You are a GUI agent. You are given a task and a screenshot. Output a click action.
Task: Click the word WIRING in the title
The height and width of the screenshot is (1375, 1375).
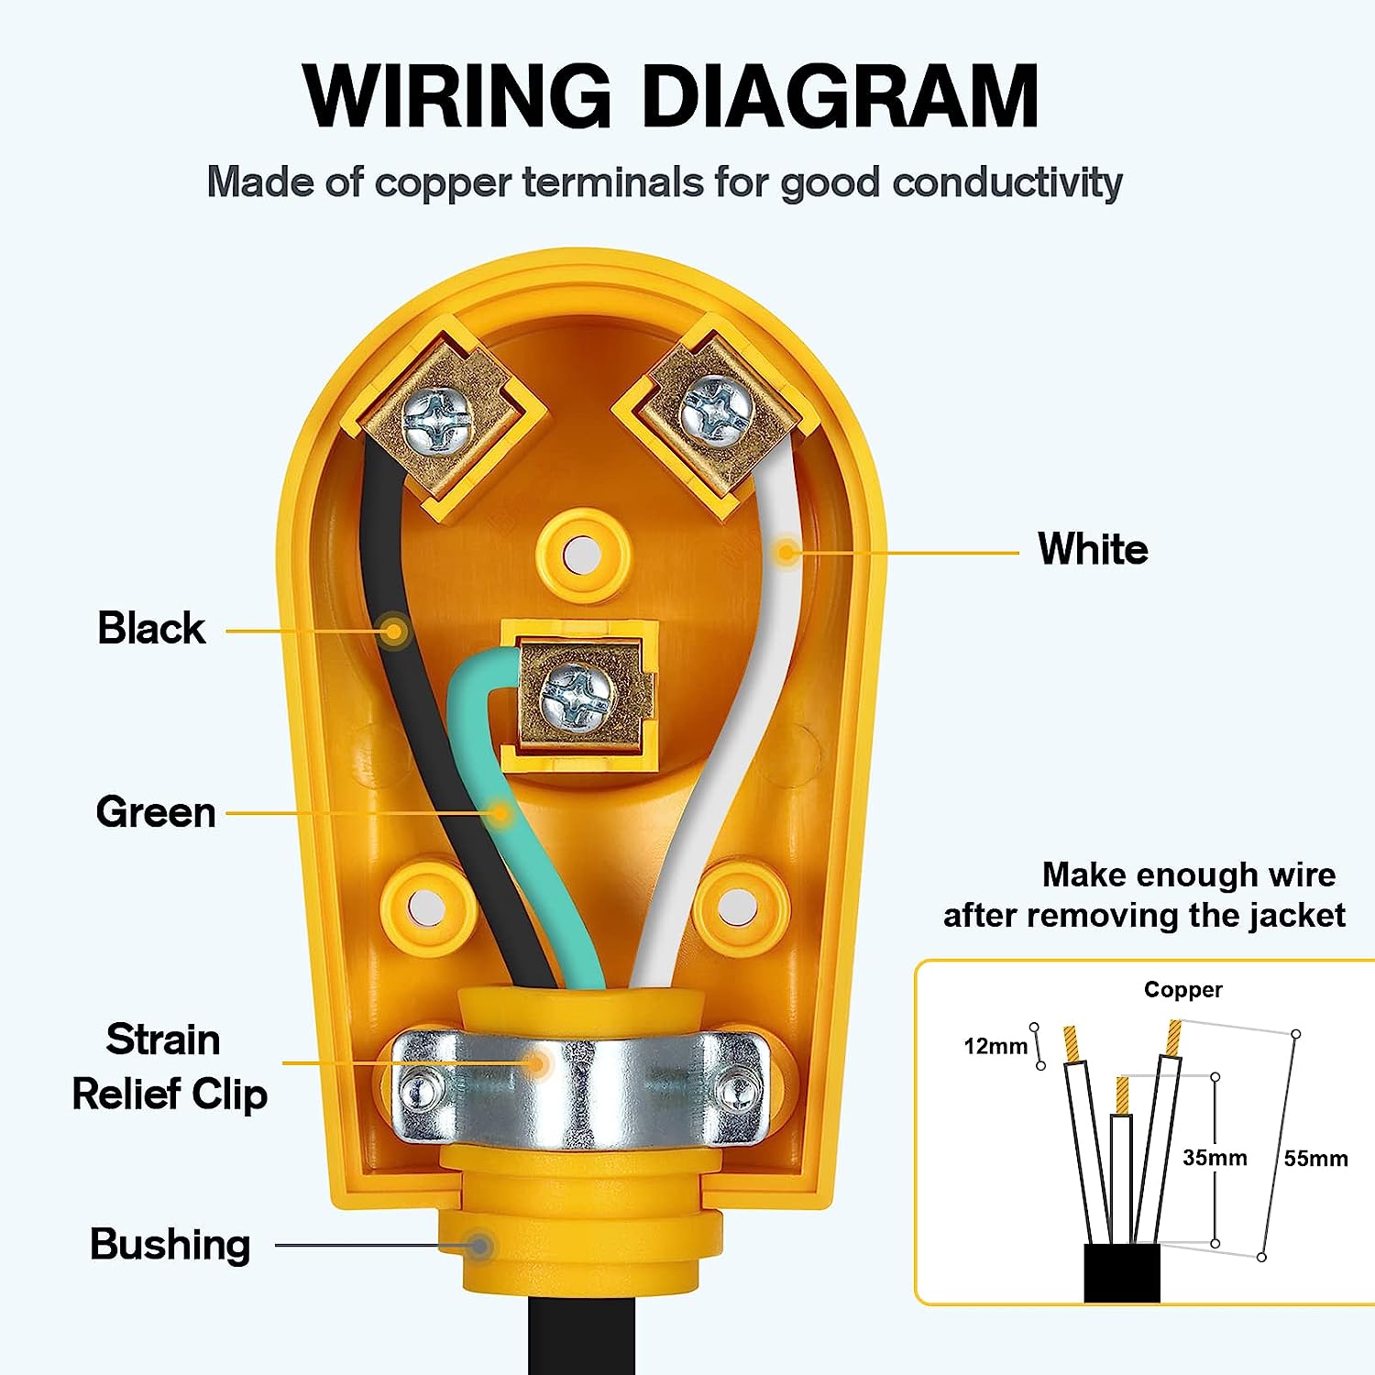(456, 96)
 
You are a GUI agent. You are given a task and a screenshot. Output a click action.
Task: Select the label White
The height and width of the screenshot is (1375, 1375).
(1093, 550)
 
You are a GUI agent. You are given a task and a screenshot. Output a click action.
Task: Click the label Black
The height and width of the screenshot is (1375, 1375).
(151, 629)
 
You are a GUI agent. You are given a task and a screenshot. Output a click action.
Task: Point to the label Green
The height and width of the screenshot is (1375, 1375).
(156, 812)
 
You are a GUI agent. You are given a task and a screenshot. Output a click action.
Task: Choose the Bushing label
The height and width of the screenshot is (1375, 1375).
(170, 1245)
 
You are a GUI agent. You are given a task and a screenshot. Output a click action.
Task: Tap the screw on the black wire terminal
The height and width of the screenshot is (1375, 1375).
(437, 420)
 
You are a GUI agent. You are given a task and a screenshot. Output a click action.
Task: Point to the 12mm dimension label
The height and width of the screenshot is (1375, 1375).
(995, 1046)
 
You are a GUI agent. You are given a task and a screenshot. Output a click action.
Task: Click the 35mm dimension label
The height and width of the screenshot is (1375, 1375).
(1215, 1158)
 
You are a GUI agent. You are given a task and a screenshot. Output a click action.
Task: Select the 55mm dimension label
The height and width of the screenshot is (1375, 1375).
(1315, 1159)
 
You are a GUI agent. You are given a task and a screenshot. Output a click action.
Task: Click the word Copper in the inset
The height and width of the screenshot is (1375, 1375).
(1182, 990)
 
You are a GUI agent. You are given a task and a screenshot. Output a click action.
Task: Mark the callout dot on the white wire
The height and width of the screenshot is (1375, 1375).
(786, 552)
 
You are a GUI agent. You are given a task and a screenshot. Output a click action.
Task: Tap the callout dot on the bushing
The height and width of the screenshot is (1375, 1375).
(478, 1246)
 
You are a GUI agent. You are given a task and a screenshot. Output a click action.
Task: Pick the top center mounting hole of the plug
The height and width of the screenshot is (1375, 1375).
(583, 555)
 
